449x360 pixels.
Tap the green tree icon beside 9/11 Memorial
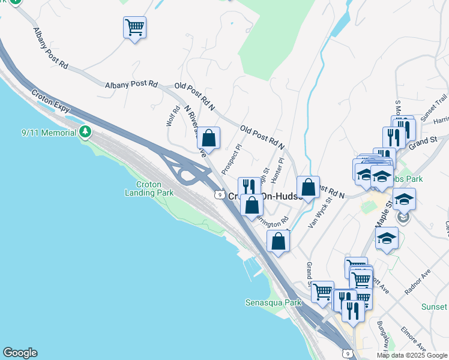86,131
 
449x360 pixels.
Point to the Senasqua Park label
273,303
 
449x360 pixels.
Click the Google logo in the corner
20,353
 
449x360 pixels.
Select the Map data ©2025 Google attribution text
412,355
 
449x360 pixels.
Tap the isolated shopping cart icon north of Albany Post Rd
134,27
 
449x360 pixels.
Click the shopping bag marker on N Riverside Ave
208,137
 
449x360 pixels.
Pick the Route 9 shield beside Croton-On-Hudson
220,195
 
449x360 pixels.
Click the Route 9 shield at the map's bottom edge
347,353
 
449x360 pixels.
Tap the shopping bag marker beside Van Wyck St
308,187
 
